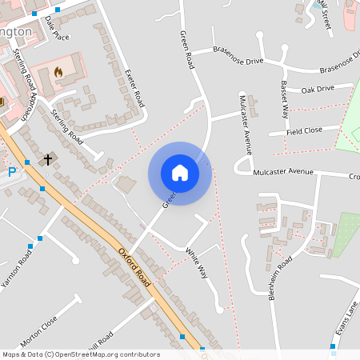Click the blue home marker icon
[180, 172]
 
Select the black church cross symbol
[47, 160]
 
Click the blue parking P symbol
[12, 172]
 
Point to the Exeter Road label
[134, 88]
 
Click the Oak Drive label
[318, 89]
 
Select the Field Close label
[306, 130]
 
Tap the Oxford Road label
[134, 266]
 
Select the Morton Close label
[39, 330]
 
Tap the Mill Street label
[324, 14]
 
